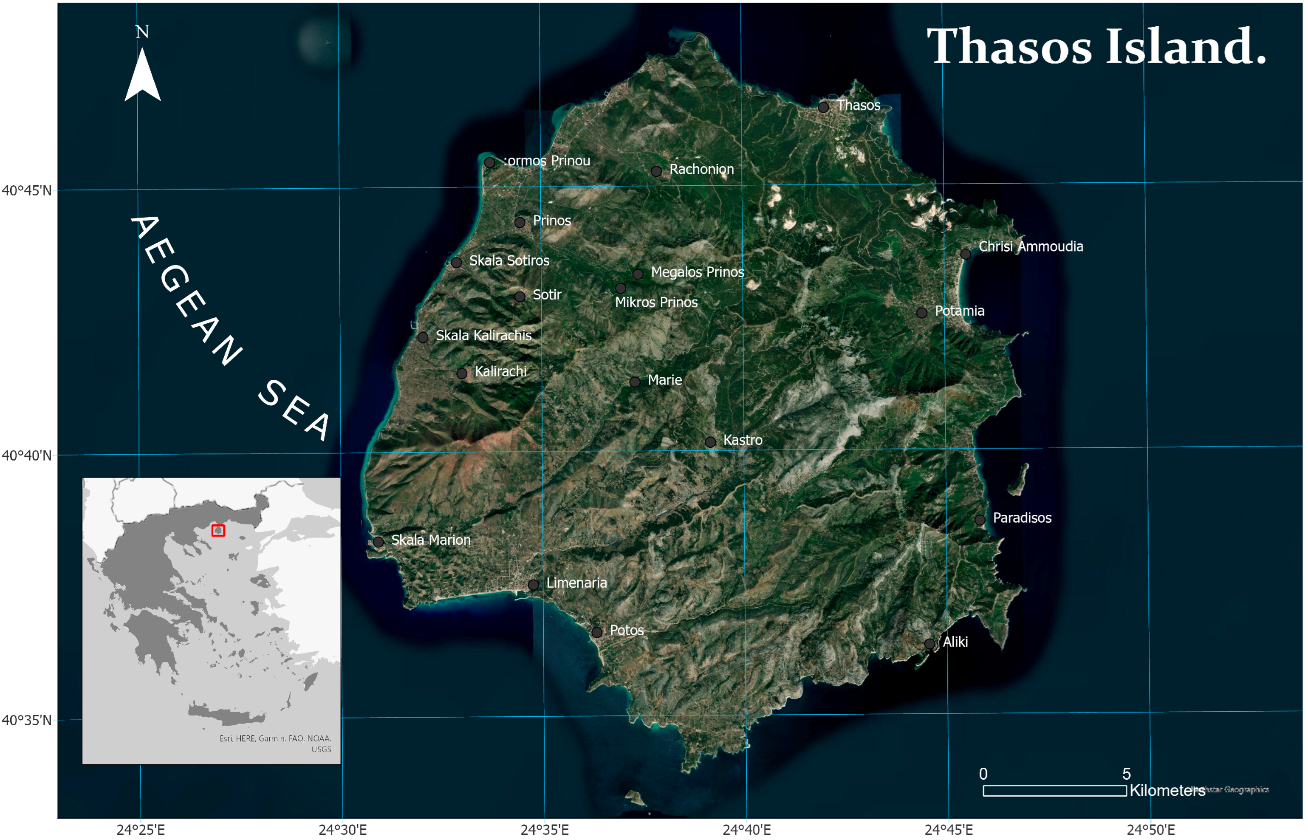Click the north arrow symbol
pyautogui.click(x=142, y=75)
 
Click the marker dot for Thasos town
pyautogui.click(x=823, y=107)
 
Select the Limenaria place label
pyautogui.click(x=576, y=583)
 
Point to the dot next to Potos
pyautogui.click(x=597, y=632)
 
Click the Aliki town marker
pyautogui.click(x=929, y=644)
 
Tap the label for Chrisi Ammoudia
pyautogui.click(x=1031, y=246)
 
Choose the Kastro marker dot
pyautogui.click(x=710, y=442)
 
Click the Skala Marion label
pyautogui.click(x=431, y=540)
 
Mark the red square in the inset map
pyautogui.click(x=218, y=530)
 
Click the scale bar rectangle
pyautogui.click(x=1054, y=790)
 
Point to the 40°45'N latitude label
pyautogui.click(x=27, y=190)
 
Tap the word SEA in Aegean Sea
pyautogui.click(x=294, y=410)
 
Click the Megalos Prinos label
pyautogui.click(x=698, y=272)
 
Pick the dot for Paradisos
pyautogui.click(x=980, y=520)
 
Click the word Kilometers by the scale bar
pyautogui.click(x=1167, y=790)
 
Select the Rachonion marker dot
pyautogui.click(x=656, y=171)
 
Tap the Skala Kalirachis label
pyautogui.click(x=483, y=336)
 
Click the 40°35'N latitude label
pyautogui.click(x=27, y=720)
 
